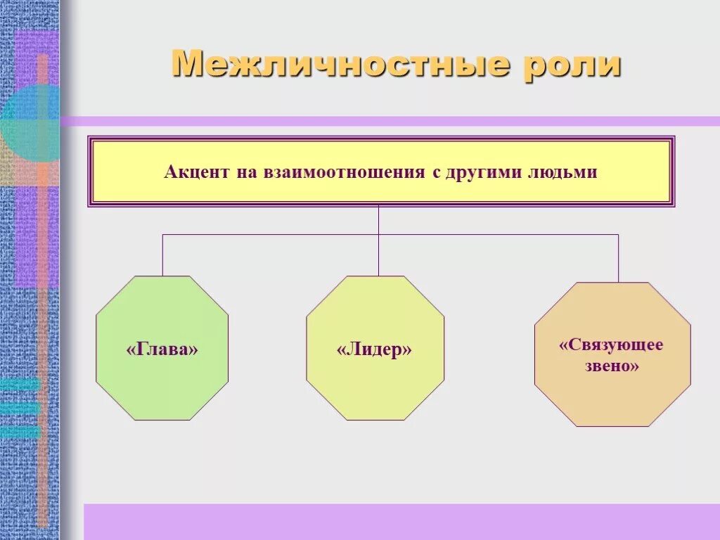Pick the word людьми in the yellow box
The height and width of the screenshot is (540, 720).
pos(562,172)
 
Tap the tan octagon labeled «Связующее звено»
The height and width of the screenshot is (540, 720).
pos(612,394)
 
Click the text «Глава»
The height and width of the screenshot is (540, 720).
pos(162,349)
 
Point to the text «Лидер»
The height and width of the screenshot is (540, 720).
pos(374,349)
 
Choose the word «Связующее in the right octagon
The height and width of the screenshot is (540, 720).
pos(611,345)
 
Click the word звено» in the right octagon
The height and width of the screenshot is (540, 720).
pos(612,366)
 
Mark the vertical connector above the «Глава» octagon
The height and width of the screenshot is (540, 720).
pos(162,255)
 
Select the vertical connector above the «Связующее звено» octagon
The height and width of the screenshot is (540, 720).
pos(619,258)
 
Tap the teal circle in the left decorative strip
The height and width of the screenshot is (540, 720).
pos(28,124)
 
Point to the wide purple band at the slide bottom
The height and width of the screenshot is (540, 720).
pos(401,521)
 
